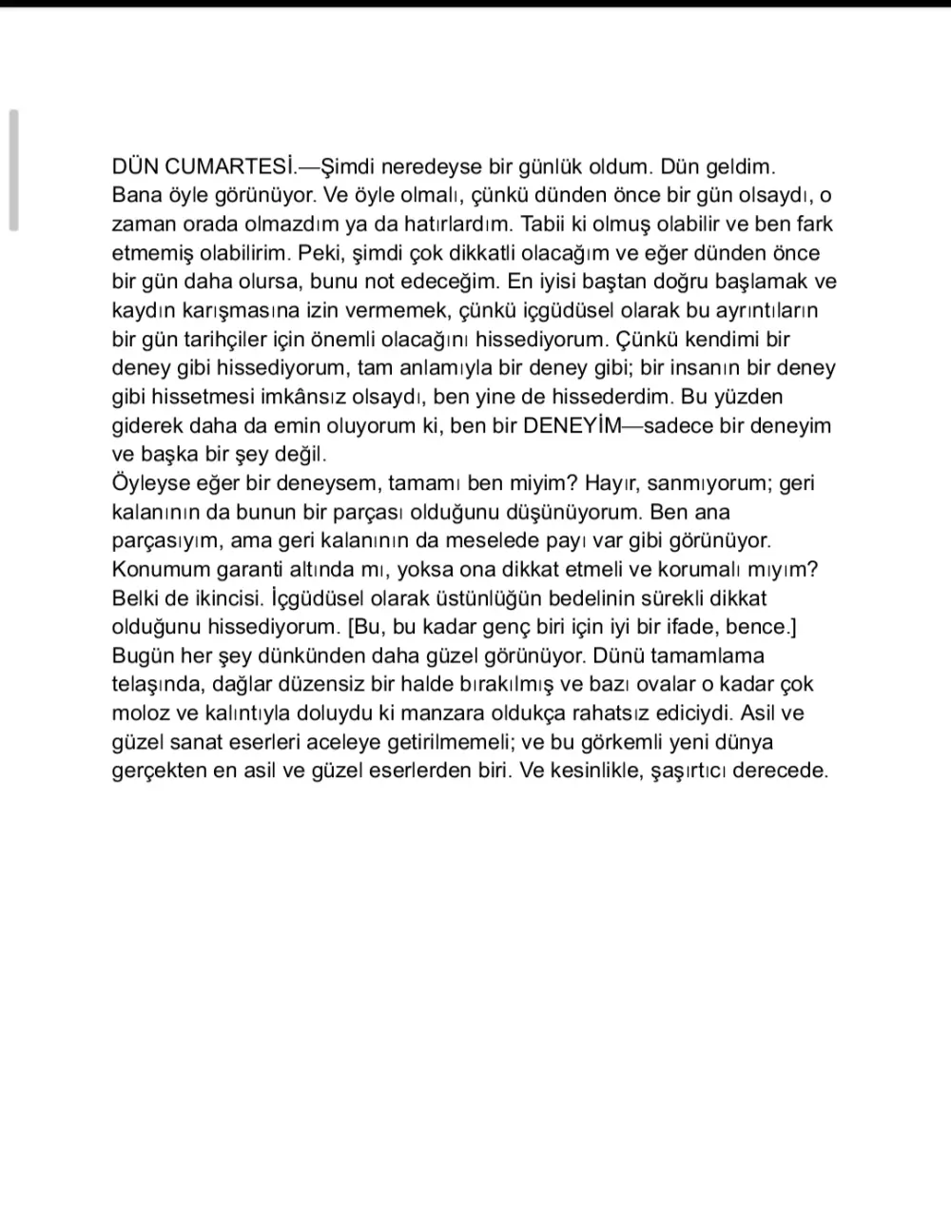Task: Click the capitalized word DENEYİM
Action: (571, 425)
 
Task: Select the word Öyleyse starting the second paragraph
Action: (153, 483)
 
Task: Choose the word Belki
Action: (139, 598)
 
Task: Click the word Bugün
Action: (143, 655)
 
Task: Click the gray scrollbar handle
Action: (13, 170)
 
